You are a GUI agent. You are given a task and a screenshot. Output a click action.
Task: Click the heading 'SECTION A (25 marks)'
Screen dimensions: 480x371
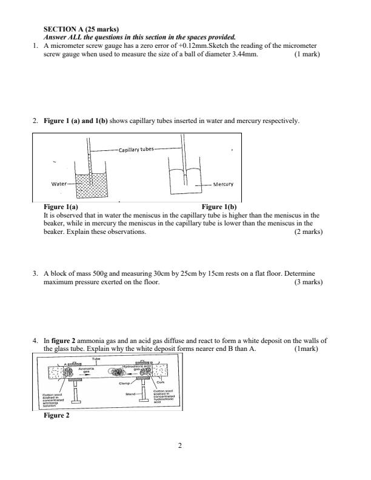coord(81,29)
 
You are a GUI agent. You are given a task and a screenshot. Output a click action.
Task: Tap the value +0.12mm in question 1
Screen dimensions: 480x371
coord(191,45)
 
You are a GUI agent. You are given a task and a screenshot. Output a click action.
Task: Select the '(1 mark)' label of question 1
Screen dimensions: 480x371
coord(307,54)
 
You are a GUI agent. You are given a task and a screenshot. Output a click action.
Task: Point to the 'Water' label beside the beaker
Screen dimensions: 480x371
coord(59,183)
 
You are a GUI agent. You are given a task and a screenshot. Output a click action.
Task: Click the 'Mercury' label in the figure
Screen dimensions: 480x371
coord(223,184)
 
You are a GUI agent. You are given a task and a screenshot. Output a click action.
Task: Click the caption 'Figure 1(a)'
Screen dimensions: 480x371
coord(61,207)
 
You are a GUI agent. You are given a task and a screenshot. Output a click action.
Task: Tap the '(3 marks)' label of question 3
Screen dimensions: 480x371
coord(308,282)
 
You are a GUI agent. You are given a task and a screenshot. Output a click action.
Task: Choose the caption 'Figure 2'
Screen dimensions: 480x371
coord(57,416)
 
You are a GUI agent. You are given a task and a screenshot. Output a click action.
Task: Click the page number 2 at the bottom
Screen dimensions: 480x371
coord(181,447)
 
